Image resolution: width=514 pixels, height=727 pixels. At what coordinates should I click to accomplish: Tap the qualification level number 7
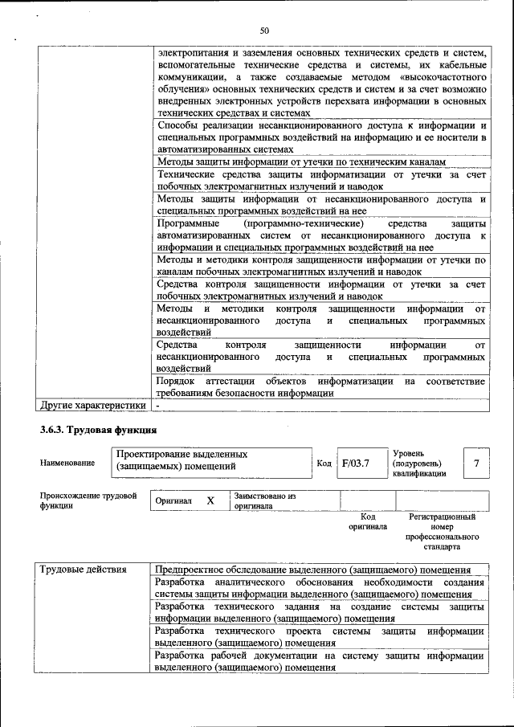[476, 464]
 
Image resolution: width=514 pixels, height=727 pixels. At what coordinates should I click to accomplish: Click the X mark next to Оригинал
[210, 500]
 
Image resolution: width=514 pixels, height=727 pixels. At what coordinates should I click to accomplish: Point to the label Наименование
[67, 463]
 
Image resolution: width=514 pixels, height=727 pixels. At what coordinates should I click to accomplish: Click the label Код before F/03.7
[324, 464]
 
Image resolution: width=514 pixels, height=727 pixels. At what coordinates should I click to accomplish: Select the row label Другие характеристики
[93, 405]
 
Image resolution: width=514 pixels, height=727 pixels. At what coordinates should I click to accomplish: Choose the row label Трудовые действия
[84, 570]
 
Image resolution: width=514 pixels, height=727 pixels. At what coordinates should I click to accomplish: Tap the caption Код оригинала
[368, 522]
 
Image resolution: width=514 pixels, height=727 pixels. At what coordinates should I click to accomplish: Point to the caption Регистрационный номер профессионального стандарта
[442, 532]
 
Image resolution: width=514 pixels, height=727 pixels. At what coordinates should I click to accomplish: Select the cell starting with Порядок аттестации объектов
[320, 386]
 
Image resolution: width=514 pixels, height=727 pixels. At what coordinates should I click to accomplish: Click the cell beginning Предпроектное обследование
[312, 570]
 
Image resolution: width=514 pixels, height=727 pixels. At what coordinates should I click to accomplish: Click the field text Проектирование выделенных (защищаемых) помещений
[182, 459]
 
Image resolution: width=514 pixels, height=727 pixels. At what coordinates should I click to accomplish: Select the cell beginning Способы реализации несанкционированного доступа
[321, 137]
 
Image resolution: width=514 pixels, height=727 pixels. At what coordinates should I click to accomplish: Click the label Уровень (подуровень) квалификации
[418, 464]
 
